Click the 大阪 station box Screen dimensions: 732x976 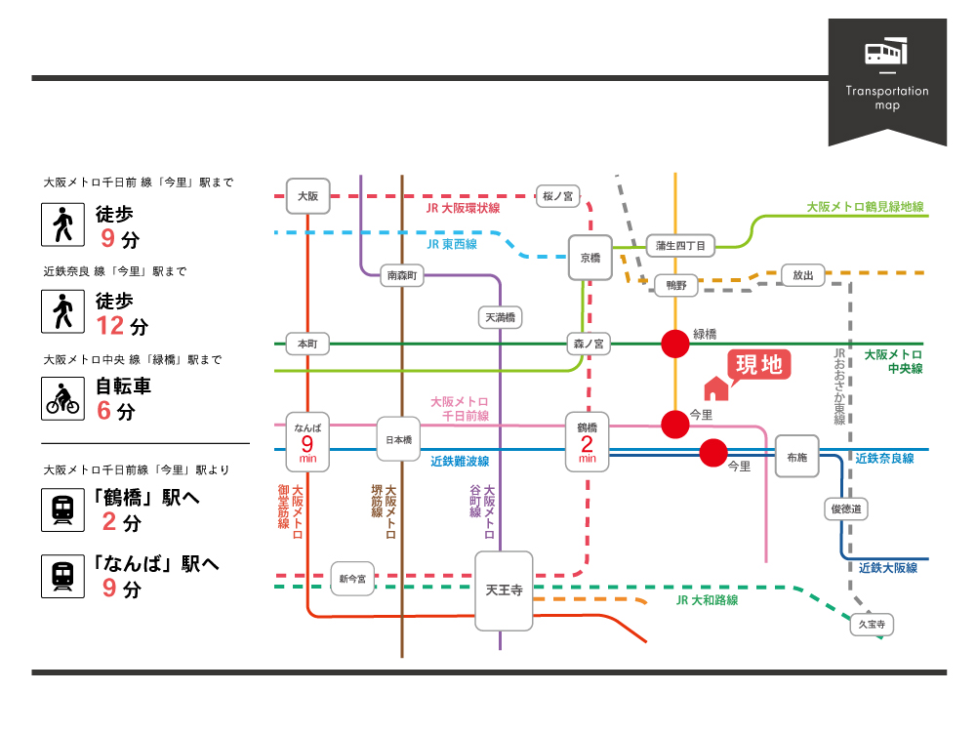(x=307, y=195)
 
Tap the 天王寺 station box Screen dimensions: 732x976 (x=505, y=590)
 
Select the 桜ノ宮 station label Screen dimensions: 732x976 (x=560, y=196)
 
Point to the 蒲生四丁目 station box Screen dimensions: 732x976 (x=680, y=246)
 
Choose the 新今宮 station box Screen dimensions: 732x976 (x=352, y=579)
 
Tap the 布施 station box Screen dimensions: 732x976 (x=796, y=457)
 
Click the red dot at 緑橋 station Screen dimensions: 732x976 (x=674, y=344)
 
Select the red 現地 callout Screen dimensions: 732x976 (x=757, y=365)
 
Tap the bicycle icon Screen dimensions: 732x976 (x=62, y=397)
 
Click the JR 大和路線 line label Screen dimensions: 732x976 (x=707, y=600)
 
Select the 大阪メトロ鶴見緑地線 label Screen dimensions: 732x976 (x=865, y=207)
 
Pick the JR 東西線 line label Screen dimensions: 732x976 (x=452, y=244)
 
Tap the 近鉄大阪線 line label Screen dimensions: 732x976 (x=888, y=567)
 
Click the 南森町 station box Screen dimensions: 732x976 (x=401, y=276)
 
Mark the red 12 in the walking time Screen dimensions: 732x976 (x=113, y=325)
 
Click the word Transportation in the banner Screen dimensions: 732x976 (x=887, y=91)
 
